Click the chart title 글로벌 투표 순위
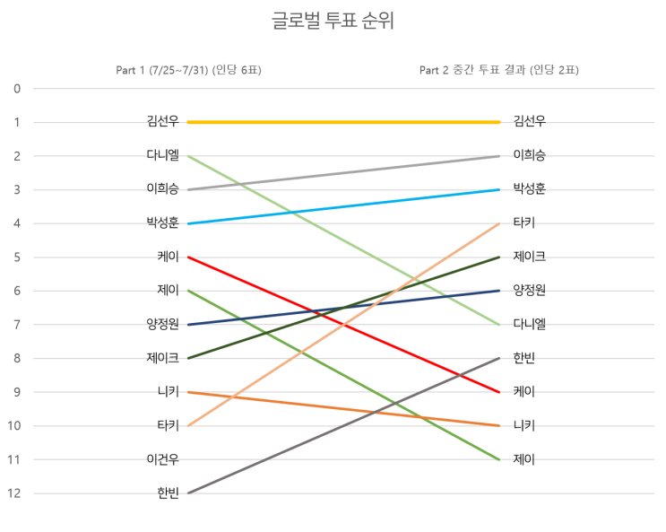coord(333,22)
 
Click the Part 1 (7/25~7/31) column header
coord(188,70)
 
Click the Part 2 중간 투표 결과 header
coord(498,70)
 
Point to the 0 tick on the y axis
coord(16,89)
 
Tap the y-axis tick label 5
coord(16,257)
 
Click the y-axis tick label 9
coord(16,392)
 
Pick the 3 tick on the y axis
coord(16,190)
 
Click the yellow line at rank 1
coord(342,122)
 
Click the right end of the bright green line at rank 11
coord(498,458)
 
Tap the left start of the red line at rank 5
coord(187,257)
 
